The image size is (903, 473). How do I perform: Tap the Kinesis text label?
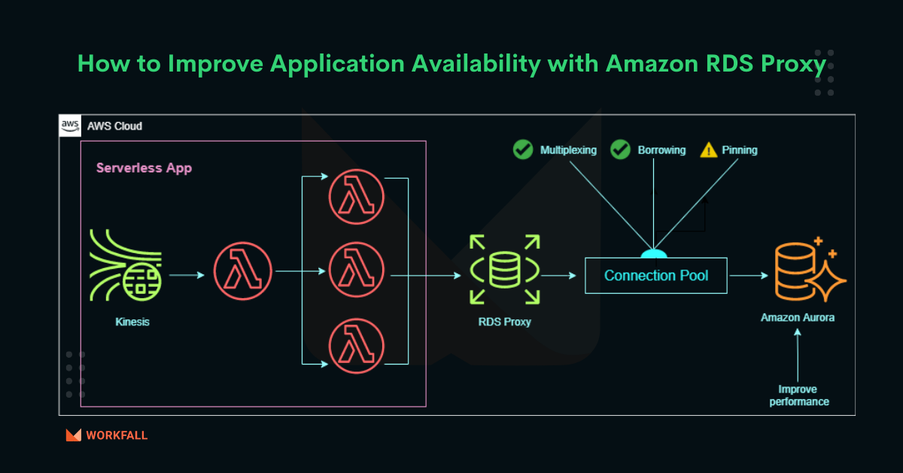[132, 322]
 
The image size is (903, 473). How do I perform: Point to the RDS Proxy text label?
[505, 322]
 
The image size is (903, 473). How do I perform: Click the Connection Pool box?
[656, 275]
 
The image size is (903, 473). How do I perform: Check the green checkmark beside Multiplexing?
[523, 150]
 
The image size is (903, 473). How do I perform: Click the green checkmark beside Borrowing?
[620, 150]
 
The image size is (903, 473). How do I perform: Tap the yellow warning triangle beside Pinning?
[709, 150]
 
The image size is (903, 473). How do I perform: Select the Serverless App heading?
[144, 168]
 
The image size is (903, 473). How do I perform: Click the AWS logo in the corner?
[71, 126]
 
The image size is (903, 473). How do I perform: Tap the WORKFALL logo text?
[117, 435]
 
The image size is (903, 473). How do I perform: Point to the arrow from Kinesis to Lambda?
[187, 275]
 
